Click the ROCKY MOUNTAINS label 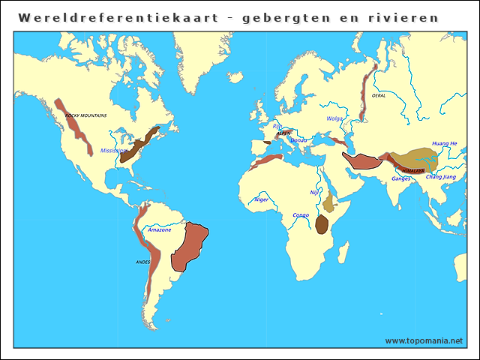85,115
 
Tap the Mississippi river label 113,151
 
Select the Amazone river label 159,229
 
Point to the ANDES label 142,262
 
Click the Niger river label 261,199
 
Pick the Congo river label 300,215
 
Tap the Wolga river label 334,118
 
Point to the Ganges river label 401,178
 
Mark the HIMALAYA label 412,170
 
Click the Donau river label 298,140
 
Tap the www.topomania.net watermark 424,340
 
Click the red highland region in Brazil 189,246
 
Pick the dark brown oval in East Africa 322,223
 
